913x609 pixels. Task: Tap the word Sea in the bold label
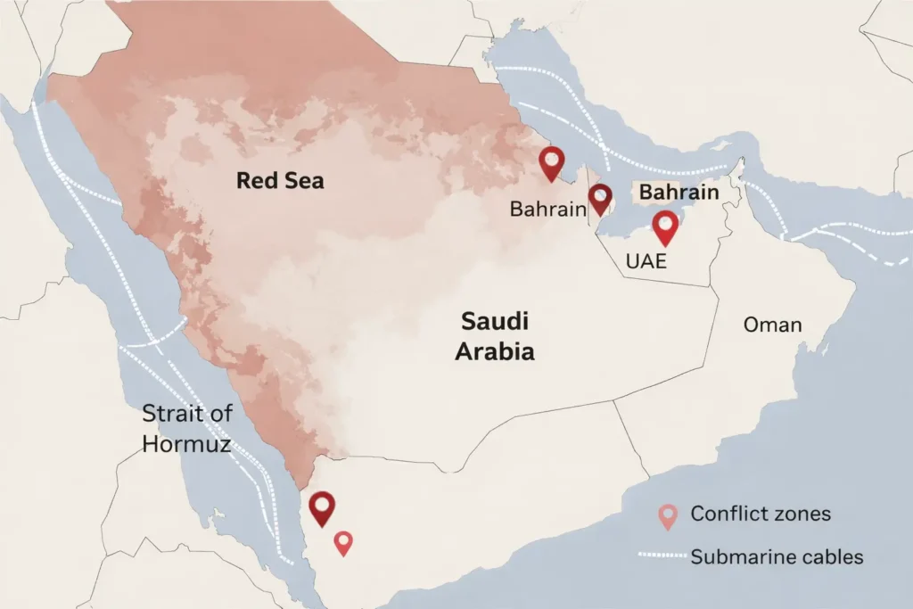coord(302,181)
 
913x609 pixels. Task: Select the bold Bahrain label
coord(679,193)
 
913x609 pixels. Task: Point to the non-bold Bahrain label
coord(547,209)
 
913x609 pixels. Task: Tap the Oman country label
coord(772,325)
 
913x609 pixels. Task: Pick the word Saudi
coord(495,321)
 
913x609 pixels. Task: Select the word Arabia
coord(495,351)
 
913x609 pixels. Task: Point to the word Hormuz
coord(189,443)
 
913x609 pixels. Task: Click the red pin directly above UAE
coord(665,227)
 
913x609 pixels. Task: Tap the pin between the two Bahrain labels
coord(600,199)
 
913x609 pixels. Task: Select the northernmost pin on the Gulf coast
coord(553,164)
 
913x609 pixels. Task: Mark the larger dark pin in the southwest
coord(322,508)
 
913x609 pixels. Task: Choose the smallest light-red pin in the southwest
coord(343,542)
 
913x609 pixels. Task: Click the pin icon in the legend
coord(668,516)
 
